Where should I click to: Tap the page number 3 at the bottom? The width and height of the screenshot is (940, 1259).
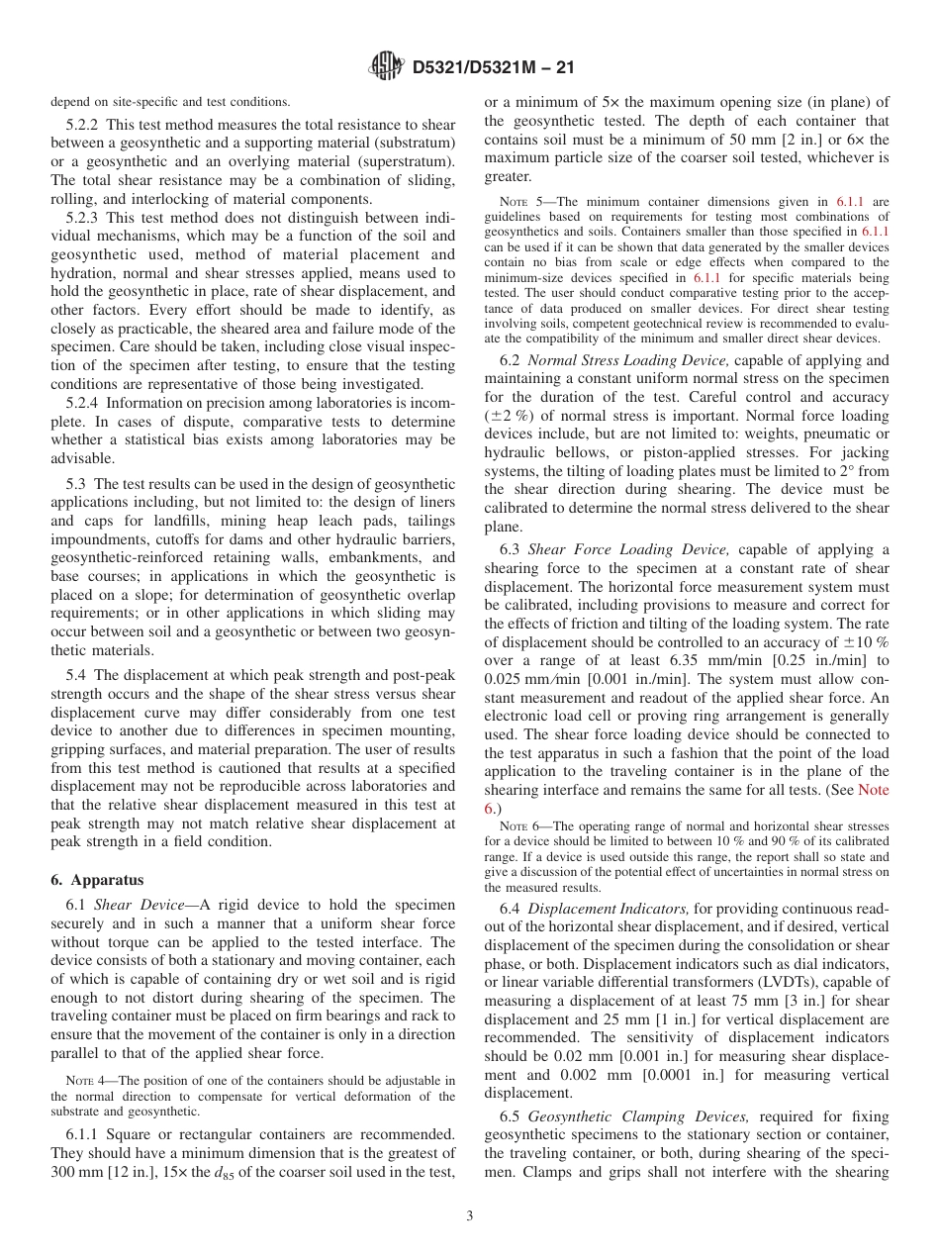[x=470, y=1216]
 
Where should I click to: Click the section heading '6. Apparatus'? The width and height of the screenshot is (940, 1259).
[x=97, y=880]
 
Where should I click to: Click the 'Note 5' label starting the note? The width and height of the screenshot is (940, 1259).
[x=518, y=200]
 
